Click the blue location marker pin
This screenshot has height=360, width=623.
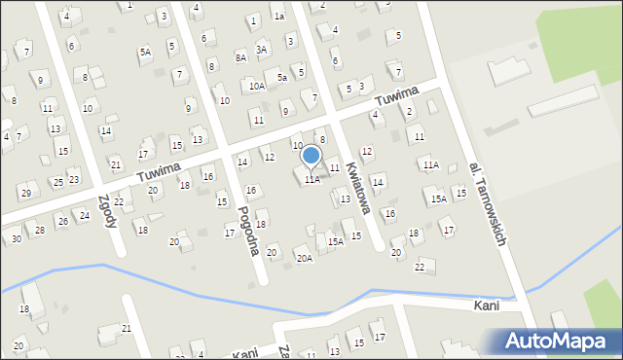coord(311,156)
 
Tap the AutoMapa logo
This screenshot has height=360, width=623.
coord(560,341)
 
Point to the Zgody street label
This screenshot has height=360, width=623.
coord(107,210)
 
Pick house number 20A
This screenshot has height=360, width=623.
coord(305,258)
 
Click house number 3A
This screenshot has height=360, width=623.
coord(261,49)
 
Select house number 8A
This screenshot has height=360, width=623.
coord(241,58)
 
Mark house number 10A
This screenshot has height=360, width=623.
coord(256,86)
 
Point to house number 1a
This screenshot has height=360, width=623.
coord(278,17)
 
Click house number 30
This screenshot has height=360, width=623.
coord(17,238)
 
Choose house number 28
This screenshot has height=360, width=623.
coord(40,230)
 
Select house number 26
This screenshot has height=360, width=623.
coord(62,222)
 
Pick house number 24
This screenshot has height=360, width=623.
coord(85,215)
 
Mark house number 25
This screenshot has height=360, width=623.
coord(57,182)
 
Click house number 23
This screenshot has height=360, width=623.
coord(73,179)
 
